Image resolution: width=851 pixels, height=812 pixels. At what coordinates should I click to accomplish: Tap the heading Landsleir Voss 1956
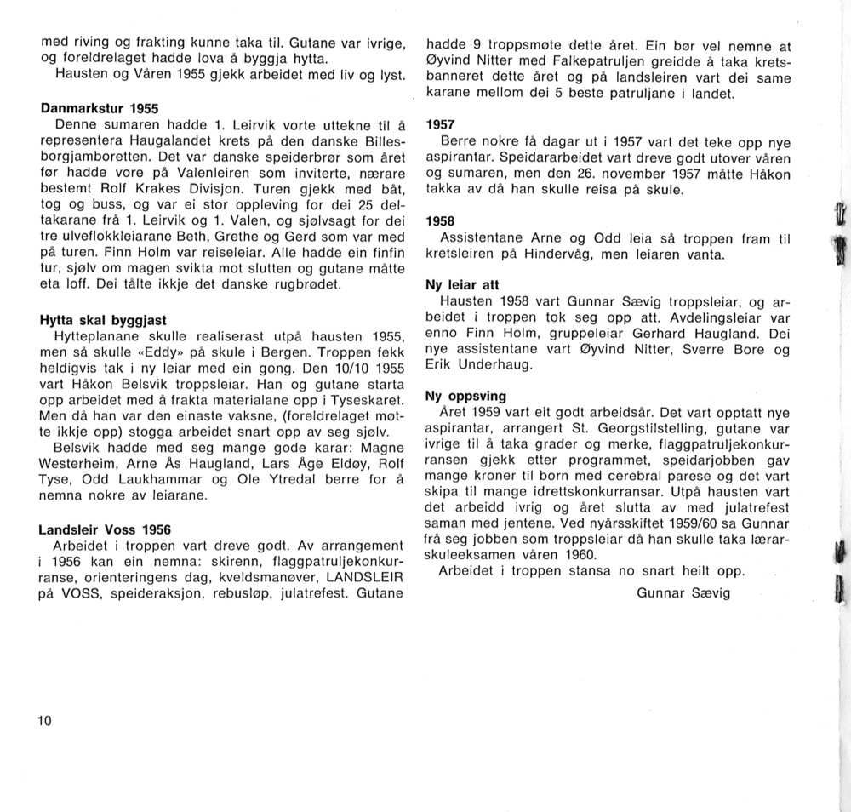(105, 529)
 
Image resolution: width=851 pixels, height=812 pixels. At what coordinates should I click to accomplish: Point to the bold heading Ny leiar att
(462, 286)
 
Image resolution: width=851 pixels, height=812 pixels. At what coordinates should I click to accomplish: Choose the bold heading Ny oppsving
(465, 396)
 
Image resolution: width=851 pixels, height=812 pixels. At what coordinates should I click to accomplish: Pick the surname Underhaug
(494, 365)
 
